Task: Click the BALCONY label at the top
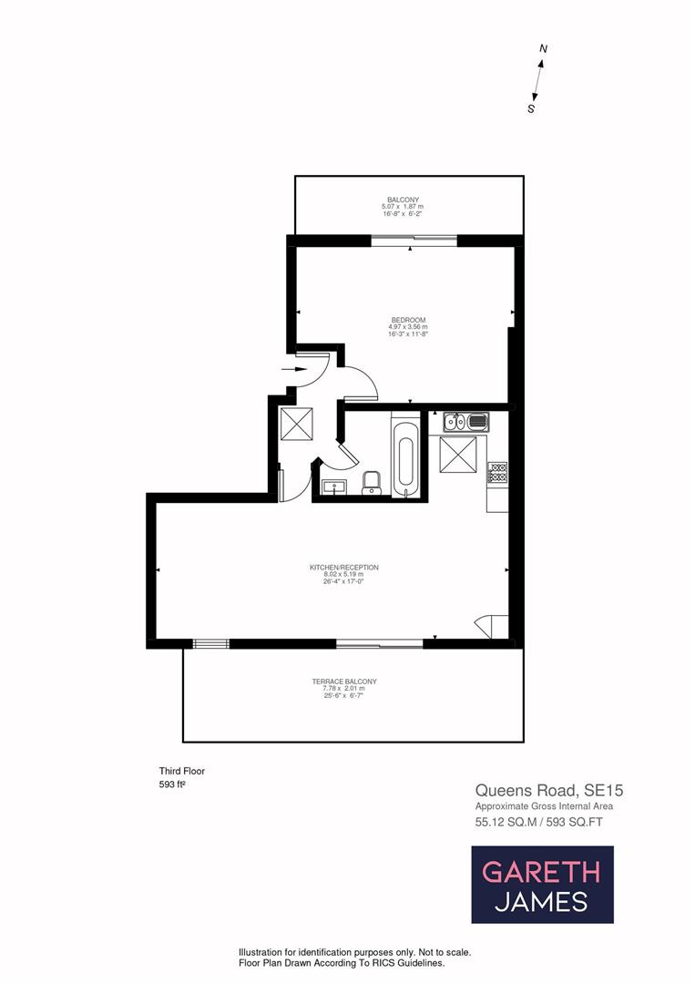click(x=402, y=200)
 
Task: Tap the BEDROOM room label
click(x=408, y=320)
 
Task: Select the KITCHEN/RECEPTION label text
click(x=343, y=568)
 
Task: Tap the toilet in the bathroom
click(x=371, y=483)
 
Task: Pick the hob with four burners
click(x=497, y=472)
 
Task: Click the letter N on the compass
click(x=543, y=48)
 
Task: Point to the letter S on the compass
click(x=531, y=108)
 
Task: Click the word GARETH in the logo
click(x=541, y=872)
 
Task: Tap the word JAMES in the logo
click(x=541, y=902)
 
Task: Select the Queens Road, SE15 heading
click(x=537, y=790)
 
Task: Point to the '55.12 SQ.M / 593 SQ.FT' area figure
click(x=538, y=822)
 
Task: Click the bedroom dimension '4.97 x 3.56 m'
click(x=408, y=327)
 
